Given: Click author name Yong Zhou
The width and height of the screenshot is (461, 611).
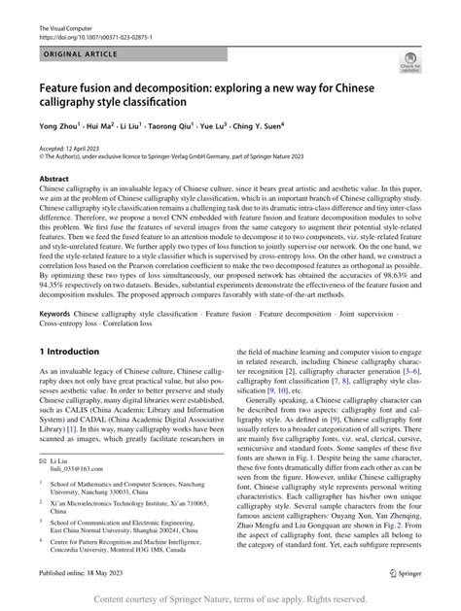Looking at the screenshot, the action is point(61,126).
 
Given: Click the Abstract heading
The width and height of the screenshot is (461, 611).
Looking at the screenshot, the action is point(54,180).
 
